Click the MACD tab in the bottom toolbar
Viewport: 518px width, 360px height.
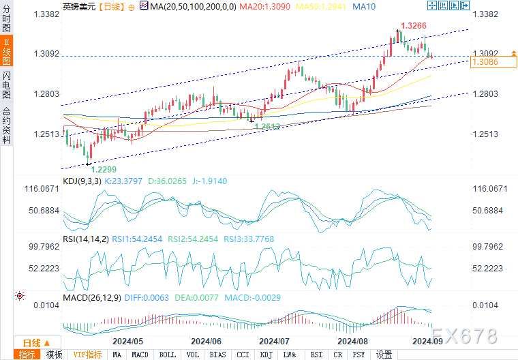tap(140, 355)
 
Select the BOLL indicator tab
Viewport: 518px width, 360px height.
tap(166, 355)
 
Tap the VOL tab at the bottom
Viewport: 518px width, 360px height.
tap(192, 355)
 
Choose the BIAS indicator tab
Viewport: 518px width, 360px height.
tap(217, 355)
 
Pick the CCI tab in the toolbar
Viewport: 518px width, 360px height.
tap(243, 355)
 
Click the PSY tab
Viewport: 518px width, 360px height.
tap(358, 355)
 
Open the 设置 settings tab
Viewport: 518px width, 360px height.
tap(384, 355)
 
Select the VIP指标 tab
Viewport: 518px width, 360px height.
tap(87, 355)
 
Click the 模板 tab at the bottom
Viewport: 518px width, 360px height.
tap(54, 355)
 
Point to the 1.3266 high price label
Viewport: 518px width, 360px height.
tap(414, 26)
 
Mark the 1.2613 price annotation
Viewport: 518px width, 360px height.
tap(268, 126)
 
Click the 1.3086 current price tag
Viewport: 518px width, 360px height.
tap(485, 62)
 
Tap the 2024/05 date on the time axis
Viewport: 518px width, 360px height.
tap(129, 340)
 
